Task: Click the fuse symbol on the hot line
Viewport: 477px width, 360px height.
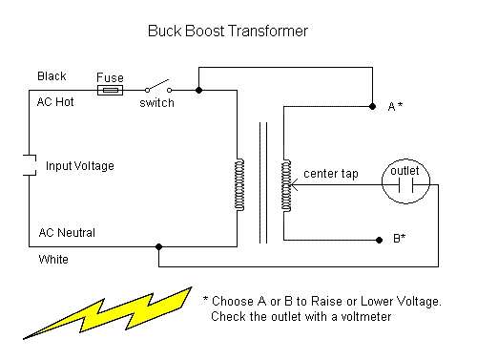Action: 110,91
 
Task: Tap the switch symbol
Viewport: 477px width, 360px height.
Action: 158,87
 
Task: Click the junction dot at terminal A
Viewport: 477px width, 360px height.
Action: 372,106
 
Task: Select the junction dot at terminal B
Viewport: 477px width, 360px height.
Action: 379,240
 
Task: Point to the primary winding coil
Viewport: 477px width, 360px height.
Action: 239,184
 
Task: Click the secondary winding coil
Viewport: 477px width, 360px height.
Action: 286,185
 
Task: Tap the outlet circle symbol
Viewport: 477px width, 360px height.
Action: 405,181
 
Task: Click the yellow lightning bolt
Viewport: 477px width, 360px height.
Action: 108,313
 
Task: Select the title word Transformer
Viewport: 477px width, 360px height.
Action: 268,32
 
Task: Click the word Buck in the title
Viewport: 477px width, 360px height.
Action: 164,32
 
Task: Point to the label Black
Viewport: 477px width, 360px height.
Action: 52,76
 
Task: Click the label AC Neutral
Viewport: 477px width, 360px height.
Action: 67,233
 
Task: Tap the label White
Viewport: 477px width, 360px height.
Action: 53,260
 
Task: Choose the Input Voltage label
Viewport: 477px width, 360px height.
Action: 80,166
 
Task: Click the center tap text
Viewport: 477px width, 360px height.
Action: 331,174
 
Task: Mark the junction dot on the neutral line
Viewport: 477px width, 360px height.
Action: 158,246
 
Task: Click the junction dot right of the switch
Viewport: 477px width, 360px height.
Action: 198,90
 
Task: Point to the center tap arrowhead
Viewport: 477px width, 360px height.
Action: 292,184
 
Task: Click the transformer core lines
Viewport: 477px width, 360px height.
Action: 263,182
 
